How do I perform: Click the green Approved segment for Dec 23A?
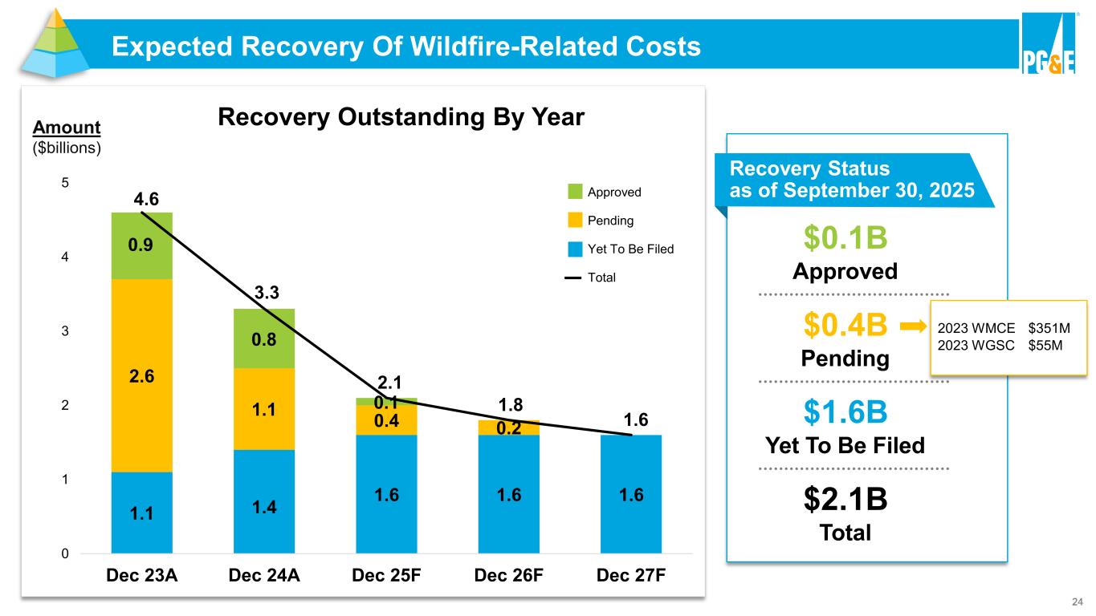[x=142, y=245]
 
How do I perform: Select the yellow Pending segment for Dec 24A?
[x=264, y=409]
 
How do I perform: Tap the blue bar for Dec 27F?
[x=631, y=494]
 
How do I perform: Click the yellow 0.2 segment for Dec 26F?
[x=509, y=428]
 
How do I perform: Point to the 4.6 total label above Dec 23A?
[x=142, y=197]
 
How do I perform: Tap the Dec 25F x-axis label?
[x=387, y=576]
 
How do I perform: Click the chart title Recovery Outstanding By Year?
[x=401, y=118]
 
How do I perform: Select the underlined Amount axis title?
[x=67, y=128]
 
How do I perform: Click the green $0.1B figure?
[x=845, y=238]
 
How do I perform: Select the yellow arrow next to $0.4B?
[x=912, y=326]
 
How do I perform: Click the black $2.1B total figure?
[x=845, y=500]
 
